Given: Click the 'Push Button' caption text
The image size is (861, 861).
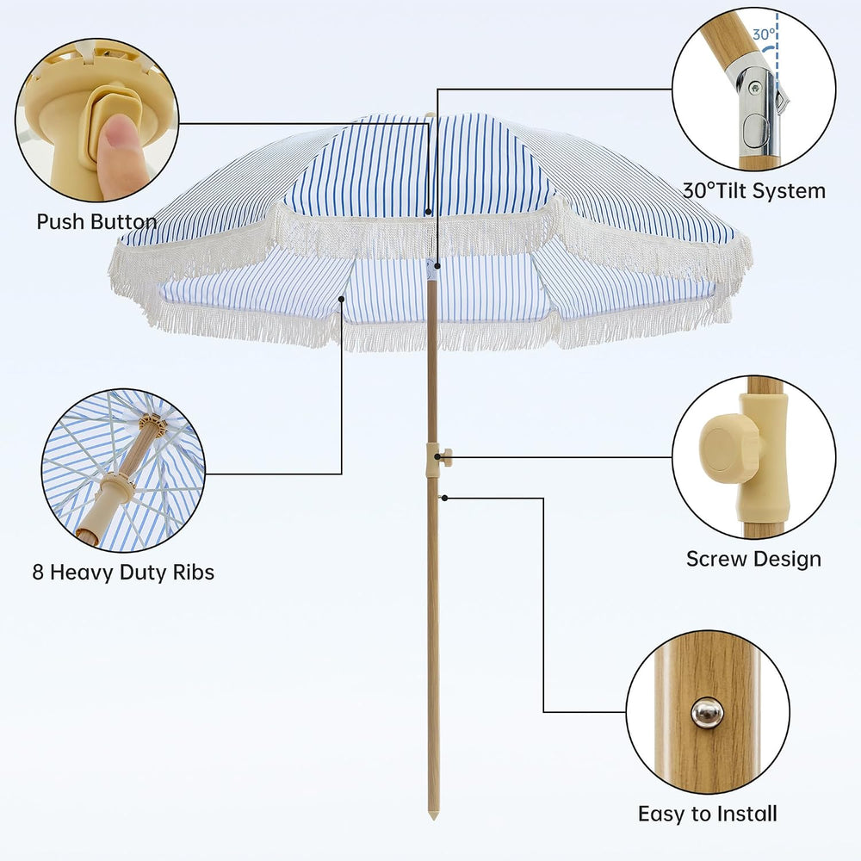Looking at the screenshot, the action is [96, 222].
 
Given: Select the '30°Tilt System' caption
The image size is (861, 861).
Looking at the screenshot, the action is [754, 191].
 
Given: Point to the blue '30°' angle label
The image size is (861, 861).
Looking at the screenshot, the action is [763, 34].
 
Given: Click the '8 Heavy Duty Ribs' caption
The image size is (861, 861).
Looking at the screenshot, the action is [123, 573].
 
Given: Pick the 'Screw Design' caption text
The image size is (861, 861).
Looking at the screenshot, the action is [753, 559].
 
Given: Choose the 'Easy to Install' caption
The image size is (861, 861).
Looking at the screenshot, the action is [707, 814].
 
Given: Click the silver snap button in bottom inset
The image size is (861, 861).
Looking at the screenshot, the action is [707, 713].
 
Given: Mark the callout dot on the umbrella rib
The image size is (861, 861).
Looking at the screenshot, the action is [342, 299].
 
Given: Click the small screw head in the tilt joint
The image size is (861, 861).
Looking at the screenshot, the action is [756, 86].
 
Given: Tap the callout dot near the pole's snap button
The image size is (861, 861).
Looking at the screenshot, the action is [445, 498].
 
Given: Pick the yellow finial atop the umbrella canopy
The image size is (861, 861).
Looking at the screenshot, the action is [430, 115].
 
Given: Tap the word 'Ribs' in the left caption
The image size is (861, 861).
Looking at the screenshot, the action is [193, 573].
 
